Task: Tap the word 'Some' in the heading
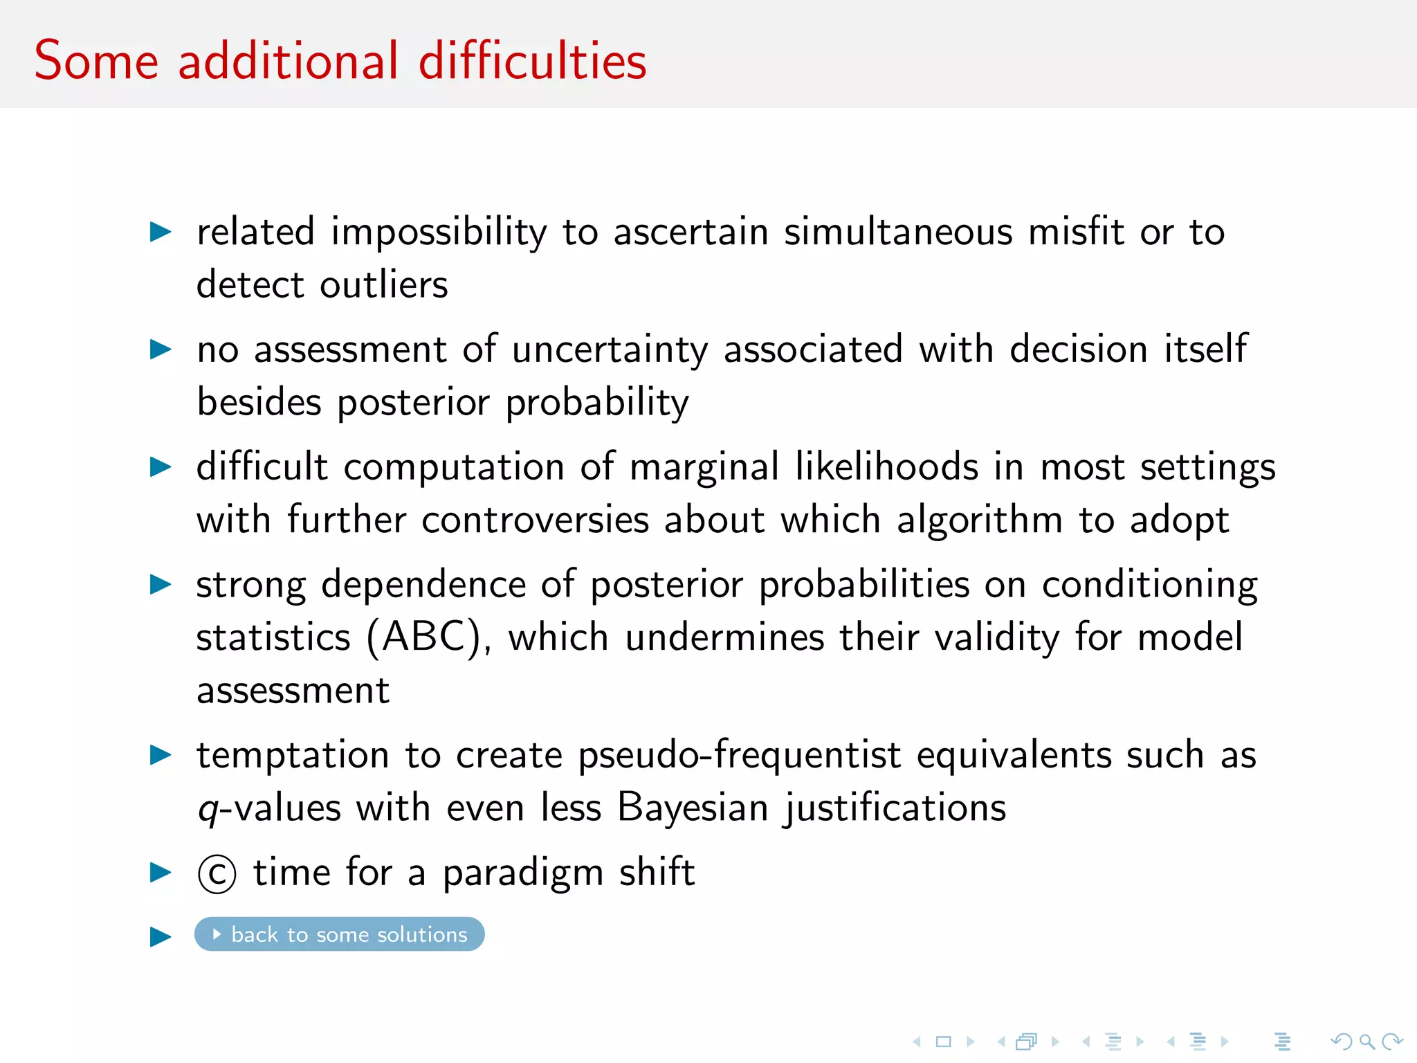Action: (x=96, y=61)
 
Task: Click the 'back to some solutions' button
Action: (x=339, y=934)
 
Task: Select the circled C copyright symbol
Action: (x=217, y=874)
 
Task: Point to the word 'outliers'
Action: (x=384, y=285)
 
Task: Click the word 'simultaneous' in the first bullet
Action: (x=898, y=232)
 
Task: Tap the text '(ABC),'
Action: (x=428, y=637)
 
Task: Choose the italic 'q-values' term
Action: (x=269, y=808)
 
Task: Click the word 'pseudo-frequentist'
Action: (x=739, y=755)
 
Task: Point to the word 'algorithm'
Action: (x=979, y=520)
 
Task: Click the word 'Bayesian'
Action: (x=693, y=808)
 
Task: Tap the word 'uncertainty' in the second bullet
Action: (x=610, y=349)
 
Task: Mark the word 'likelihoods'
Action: (x=886, y=467)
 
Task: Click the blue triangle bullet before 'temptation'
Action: (x=161, y=755)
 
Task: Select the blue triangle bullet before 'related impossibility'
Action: (x=161, y=232)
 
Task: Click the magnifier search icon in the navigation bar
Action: (x=1366, y=1042)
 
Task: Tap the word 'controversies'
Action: (x=535, y=520)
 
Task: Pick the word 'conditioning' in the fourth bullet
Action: (x=1149, y=585)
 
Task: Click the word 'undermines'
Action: (x=724, y=637)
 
